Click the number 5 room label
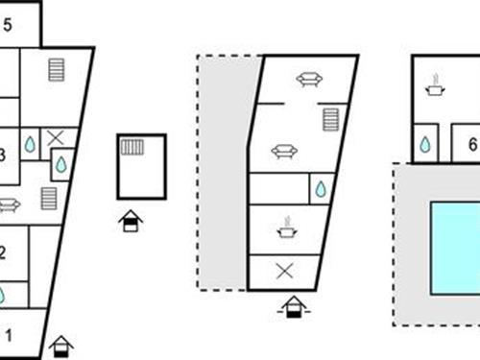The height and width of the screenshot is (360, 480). [8, 26]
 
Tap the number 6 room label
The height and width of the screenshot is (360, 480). [471, 145]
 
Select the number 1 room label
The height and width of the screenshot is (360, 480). [10, 335]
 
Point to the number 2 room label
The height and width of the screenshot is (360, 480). [3, 253]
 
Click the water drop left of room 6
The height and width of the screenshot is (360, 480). [424, 145]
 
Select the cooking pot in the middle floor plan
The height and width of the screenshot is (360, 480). [286, 228]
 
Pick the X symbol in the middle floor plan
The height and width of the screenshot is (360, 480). [284, 271]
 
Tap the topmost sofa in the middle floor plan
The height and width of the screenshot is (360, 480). [308, 80]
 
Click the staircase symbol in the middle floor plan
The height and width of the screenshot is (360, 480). [331, 120]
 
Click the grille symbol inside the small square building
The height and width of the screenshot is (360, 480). [132, 147]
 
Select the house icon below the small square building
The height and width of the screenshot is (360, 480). [130, 221]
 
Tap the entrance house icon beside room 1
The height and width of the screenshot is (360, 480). [61, 344]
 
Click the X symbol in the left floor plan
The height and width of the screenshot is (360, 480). [57, 138]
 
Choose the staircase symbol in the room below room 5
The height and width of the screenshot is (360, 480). [57, 70]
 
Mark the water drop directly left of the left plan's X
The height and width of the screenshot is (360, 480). [30, 144]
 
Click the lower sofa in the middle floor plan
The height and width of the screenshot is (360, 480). [283, 151]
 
